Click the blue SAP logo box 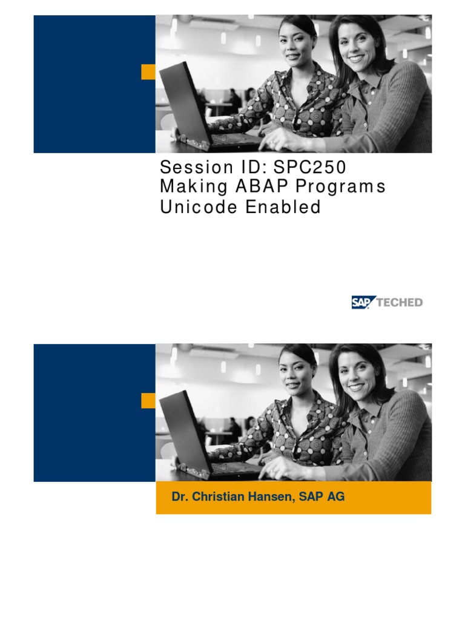(x=363, y=302)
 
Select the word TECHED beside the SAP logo (x=400, y=302)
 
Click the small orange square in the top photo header (x=148, y=72)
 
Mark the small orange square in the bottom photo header (x=148, y=400)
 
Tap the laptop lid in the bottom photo (x=185, y=431)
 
